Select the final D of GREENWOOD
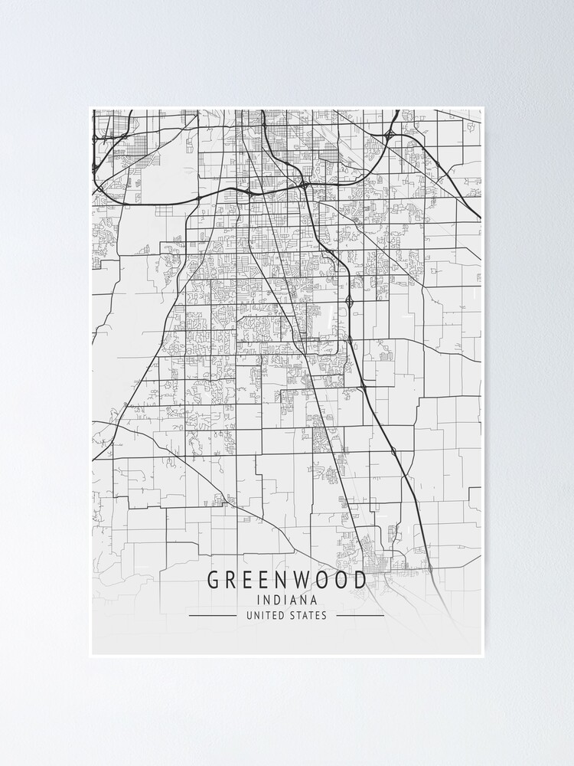coord(359,580)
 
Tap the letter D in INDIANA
coord(278,600)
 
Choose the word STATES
coord(308,615)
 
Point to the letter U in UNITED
coord(249,615)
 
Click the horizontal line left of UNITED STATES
coord(212,615)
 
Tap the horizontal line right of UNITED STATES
coord(360,615)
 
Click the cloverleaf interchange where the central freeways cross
coord(305,185)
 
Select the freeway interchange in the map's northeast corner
coord(391,135)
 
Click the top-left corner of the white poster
coord(90,106)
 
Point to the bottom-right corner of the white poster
coord(484,657)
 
